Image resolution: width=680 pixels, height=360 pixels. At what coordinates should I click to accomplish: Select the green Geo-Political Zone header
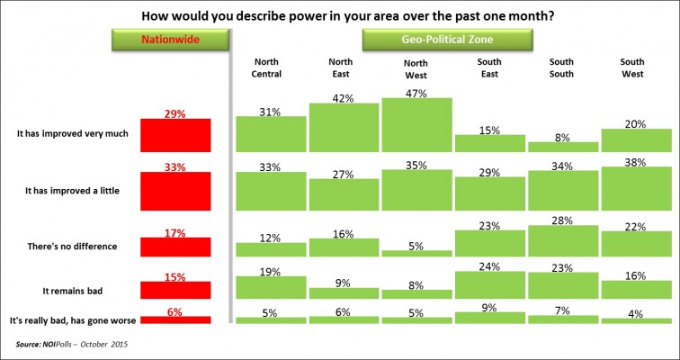448,40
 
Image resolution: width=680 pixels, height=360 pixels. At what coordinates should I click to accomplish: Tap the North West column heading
416,68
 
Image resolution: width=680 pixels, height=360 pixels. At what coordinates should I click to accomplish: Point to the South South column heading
561,68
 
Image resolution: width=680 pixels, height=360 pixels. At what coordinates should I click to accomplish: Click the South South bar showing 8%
561,146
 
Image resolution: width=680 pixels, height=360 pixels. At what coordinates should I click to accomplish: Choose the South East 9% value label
489,305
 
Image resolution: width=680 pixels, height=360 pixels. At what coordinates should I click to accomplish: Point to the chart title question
339,15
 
